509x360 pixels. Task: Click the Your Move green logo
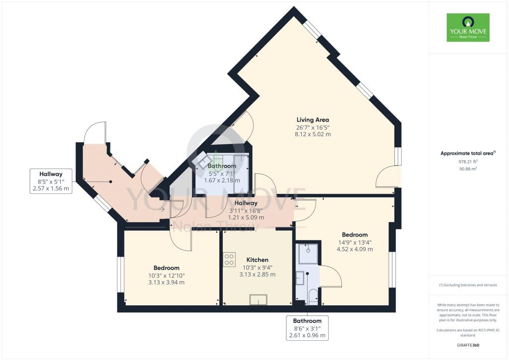(x=468, y=27)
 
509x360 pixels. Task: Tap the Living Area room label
(x=313, y=120)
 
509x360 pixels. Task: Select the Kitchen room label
(x=257, y=260)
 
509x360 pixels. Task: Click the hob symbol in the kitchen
(x=229, y=260)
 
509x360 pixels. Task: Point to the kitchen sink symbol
(x=257, y=299)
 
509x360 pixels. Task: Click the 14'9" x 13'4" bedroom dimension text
(x=354, y=242)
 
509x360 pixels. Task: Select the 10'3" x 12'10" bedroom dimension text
(x=167, y=275)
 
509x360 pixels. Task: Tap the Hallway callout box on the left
(x=51, y=181)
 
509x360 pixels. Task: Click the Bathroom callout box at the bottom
(x=307, y=328)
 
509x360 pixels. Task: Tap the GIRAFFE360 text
(x=468, y=345)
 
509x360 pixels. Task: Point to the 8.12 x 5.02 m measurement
(x=313, y=134)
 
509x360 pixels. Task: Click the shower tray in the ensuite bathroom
(x=307, y=254)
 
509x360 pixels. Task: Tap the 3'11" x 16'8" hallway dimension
(x=243, y=210)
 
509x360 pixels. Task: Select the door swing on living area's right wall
(x=388, y=178)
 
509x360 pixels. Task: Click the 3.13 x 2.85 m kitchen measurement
(x=257, y=274)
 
